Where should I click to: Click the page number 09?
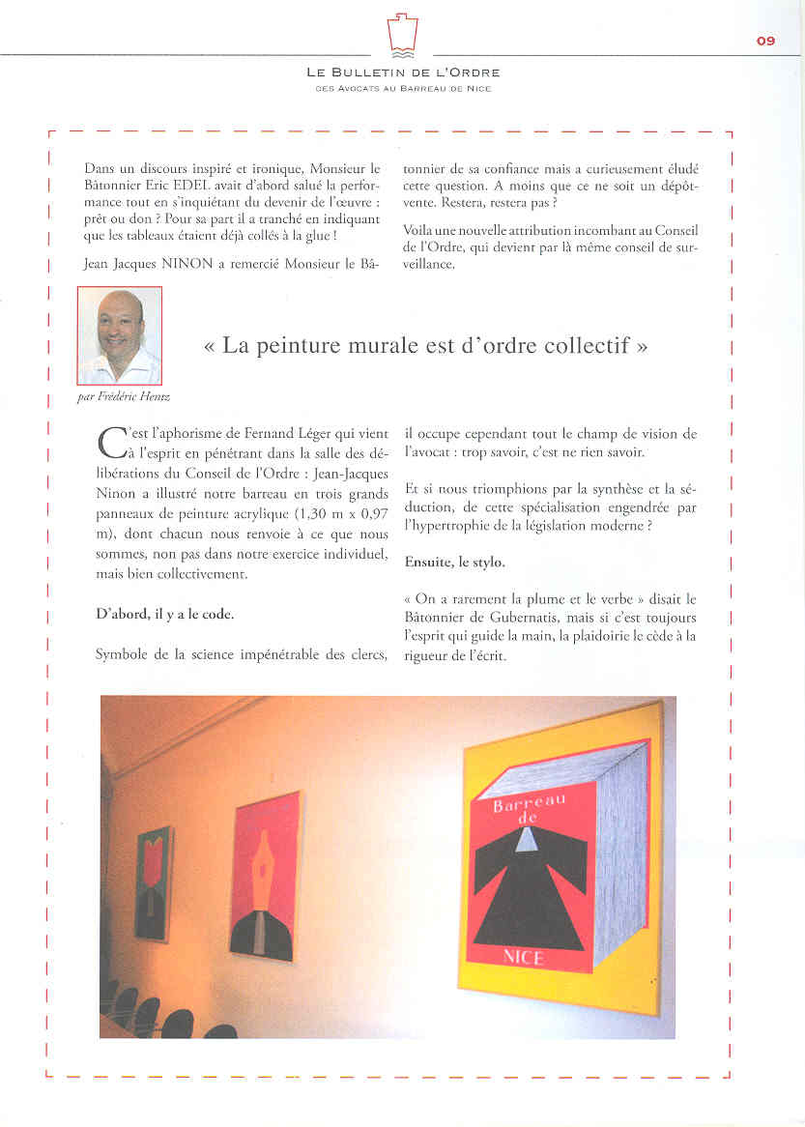tap(765, 41)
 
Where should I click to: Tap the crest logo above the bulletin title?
tap(402, 36)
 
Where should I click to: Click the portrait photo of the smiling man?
tap(120, 335)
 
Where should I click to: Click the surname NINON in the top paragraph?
tap(183, 264)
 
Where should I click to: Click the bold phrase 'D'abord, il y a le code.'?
tap(164, 614)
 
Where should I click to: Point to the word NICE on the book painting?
tap(524, 957)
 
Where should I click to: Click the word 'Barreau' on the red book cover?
tap(529, 802)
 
